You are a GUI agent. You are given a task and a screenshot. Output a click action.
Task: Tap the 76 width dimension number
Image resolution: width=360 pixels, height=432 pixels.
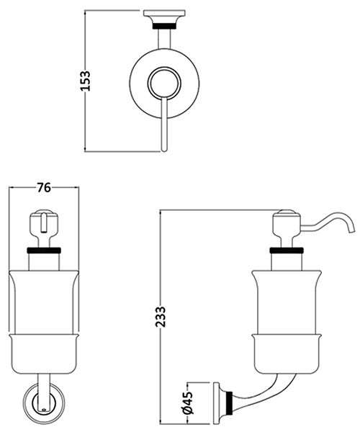point(43,187)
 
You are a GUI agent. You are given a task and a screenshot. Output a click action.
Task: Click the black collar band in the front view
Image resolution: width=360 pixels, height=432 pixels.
point(43,251)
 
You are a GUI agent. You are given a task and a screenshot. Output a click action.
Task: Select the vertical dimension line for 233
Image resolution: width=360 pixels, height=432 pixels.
point(160,274)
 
